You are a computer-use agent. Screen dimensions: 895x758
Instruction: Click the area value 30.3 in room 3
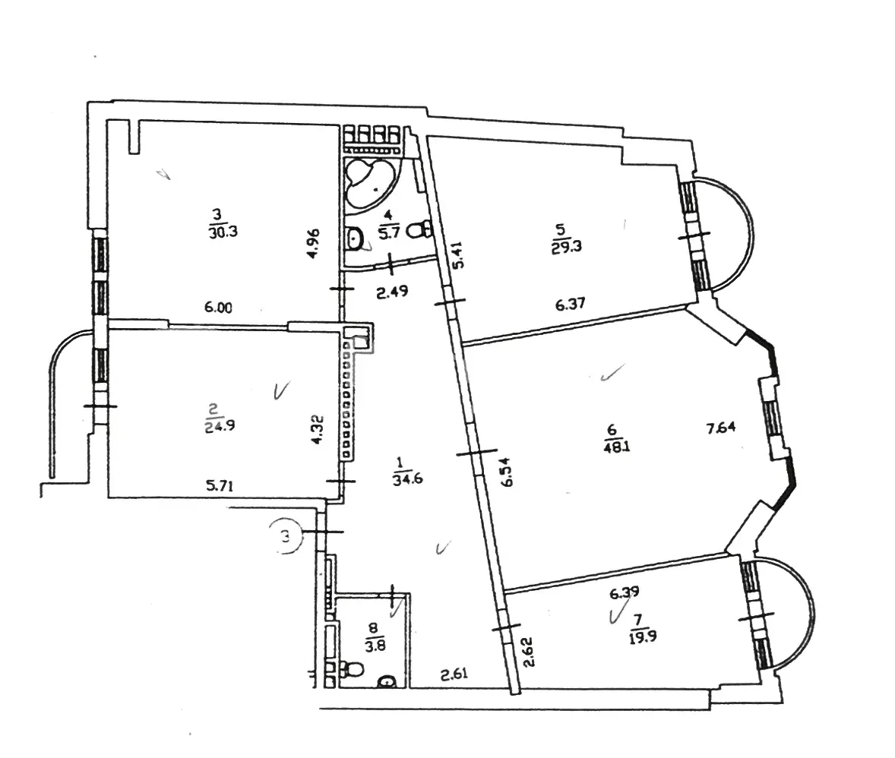pyautogui.click(x=223, y=232)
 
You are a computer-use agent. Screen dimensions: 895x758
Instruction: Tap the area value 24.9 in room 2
pyautogui.click(x=220, y=425)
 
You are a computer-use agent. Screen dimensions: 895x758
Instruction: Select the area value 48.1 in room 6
pyautogui.click(x=617, y=446)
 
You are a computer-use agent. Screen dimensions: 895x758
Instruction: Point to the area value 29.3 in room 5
pyautogui.click(x=567, y=248)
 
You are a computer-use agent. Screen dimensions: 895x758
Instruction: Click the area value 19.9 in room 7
pyautogui.click(x=643, y=636)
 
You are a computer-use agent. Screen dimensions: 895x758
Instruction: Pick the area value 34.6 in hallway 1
pyautogui.click(x=407, y=478)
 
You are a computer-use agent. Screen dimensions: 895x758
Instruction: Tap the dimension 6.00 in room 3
pyautogui.click(x=219, y=308)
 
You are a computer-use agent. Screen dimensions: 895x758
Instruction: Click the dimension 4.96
pyautogui.click(x=312, y=244)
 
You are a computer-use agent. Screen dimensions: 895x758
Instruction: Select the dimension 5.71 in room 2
pyautogui.click(x=220, y=486)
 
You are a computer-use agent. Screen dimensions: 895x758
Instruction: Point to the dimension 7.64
pyautogui.click(x=722, y=427)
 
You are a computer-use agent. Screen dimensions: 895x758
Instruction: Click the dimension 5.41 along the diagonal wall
pyautogui.click(x=458, y=254)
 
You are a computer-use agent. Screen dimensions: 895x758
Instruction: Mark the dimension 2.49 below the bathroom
pyautogui.click(x=392, y=292)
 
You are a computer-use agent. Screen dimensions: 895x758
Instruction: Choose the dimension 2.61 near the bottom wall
pyautogui.click(x=454, y=674)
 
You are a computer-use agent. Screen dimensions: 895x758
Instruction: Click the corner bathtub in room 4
pyautogui.click(x=369, y=182)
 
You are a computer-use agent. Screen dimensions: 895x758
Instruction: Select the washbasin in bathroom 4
pyautogui.click(x=355, y=238)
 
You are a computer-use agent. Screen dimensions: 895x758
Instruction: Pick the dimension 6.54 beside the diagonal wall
pyautogui.click(x=506, y=472)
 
